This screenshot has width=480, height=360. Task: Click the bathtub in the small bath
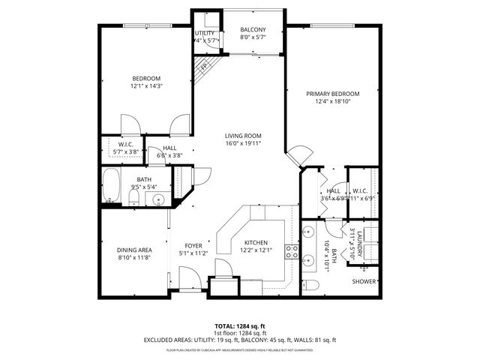point(112,187)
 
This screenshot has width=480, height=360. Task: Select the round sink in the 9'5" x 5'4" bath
point(158,199)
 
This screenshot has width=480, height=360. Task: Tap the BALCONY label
point(252,30)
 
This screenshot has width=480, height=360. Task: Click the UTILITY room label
point(205,34)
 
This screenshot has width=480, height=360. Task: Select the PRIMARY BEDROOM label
point(332,94)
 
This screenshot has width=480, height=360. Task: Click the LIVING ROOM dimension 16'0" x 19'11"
point(243,144)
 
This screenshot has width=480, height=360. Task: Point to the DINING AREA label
point(134,250)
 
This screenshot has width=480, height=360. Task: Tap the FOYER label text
point(193,245)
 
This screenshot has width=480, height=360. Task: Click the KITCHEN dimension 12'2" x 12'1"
point(256,250)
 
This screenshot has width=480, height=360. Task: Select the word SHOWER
point(364,282)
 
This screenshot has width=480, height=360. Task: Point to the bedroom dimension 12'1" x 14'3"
point(147,86)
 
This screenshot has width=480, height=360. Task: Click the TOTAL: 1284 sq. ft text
point(239,327)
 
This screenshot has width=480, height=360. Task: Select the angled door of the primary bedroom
point(298,155)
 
